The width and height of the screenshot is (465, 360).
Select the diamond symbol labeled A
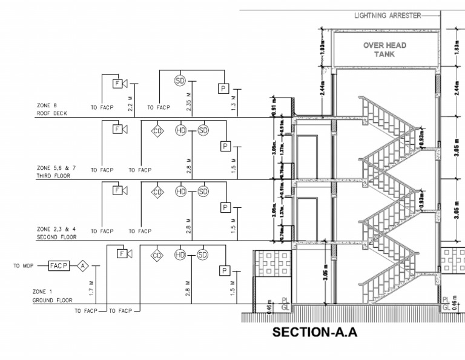82,265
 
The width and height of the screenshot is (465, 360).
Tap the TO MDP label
24,265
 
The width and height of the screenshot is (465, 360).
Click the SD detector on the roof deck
179,81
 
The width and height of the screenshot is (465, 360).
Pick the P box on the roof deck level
223,89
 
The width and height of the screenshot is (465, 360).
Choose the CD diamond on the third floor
157,130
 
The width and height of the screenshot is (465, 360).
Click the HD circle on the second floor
180,192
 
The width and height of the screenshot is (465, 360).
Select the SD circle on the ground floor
202,255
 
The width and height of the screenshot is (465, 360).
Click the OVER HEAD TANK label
384,50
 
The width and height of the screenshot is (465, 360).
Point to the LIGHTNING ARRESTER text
387,16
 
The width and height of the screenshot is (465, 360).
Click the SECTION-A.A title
315,332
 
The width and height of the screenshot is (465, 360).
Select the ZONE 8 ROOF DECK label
52,109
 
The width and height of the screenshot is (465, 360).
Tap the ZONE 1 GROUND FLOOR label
52,296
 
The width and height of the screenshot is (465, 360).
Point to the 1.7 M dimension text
90,287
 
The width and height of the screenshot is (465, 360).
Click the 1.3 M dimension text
234,103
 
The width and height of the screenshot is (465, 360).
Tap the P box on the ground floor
225,270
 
